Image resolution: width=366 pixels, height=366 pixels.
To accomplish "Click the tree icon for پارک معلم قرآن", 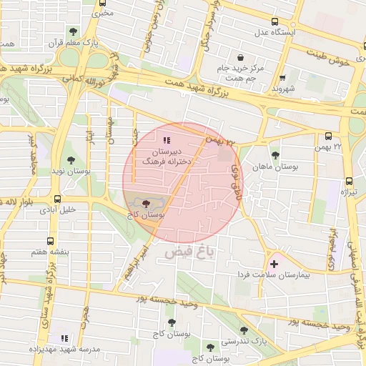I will pyautogui.click(x=74, y=31).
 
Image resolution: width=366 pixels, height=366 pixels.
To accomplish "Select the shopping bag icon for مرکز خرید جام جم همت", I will pyautogui.click(x=239, y=57).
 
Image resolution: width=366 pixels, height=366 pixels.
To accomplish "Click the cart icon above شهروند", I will pyautogui.click(x=282, y=78).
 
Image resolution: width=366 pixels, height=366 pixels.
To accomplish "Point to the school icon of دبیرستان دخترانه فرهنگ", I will pyautogui.click(x=166, y=141).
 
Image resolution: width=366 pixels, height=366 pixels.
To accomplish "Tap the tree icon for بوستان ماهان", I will pyautogui.click(x=275, y=155).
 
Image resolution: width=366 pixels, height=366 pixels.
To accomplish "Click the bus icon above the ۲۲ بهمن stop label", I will pyautogui.click(x=328, y=136).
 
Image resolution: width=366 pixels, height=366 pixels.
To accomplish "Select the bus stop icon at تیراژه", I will pyautogui.click(x=348, y=181).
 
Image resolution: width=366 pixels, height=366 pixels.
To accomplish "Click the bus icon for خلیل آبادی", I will pyautogui.click(x=57, y=199).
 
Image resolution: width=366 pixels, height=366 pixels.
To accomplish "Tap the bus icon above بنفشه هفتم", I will pyautogui.click(x=50, y=242).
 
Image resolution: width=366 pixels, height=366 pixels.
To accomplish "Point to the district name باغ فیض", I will pyautogui.click(x=189, y=252).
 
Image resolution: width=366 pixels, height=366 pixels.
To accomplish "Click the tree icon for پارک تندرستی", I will pyautogui.click(x=244, y=330).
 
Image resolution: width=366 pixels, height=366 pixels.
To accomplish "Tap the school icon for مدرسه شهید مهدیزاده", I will pyautogui.click(x=64, y=337).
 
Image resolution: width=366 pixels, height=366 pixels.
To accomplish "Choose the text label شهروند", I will pyautogui.click(x=283, y=89).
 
